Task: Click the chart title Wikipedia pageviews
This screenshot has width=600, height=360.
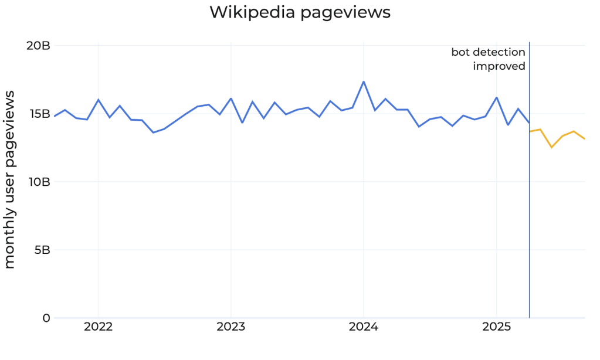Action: coord(300,12)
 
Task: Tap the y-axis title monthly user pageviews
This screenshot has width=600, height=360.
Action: coord(10,182)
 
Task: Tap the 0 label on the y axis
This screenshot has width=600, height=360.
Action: coord(46,318)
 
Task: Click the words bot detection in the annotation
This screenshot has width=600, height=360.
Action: coord(488,53)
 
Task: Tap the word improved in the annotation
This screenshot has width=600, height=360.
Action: coord(499,66)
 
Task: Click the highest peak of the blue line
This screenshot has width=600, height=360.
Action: coord(364,82)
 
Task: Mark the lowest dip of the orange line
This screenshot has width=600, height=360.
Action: coord(551,147)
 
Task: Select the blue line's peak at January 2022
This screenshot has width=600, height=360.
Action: coord(98,100)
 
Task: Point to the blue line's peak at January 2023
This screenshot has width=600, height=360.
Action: coord(231,99)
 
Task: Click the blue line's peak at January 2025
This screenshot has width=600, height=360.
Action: coord(496,97)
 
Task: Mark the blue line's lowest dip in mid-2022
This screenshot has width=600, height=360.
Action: coord(154,133)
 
